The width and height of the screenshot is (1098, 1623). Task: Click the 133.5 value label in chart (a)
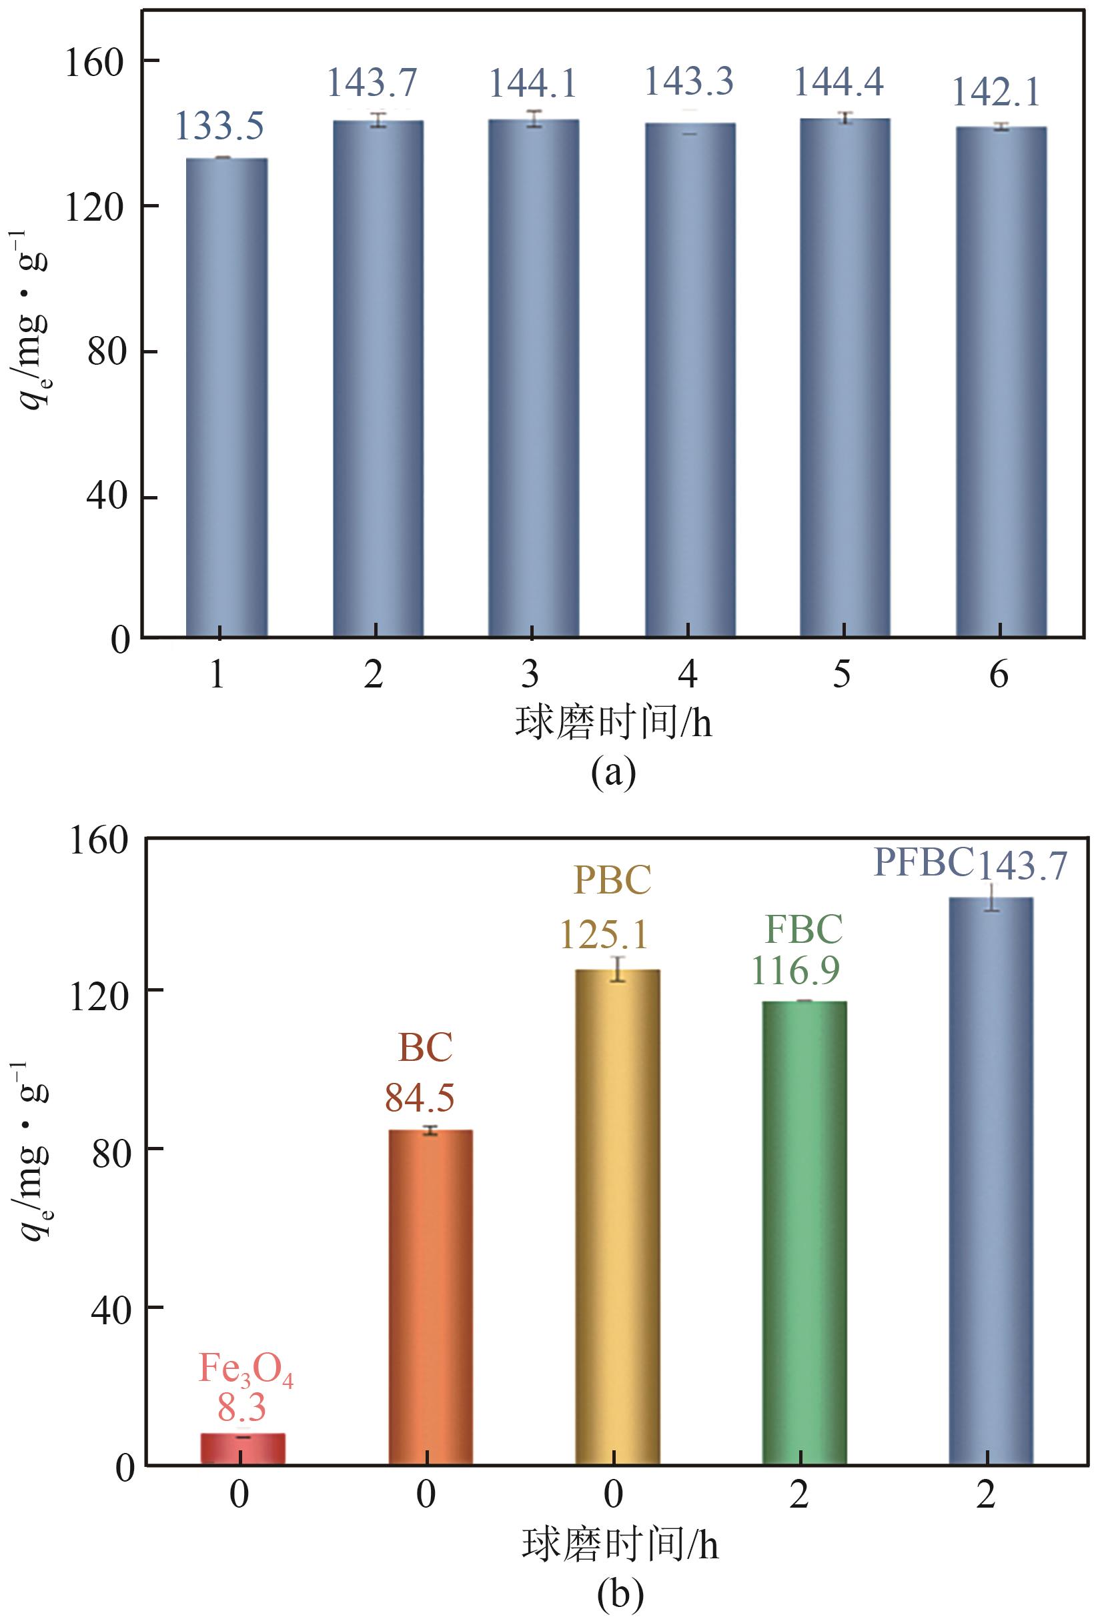(x=219, y=127)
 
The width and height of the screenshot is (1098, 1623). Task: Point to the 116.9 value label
(x=795, y=970)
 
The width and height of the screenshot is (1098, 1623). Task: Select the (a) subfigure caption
(x=613, y=772)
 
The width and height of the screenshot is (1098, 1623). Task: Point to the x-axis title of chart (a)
(x=613, y=723)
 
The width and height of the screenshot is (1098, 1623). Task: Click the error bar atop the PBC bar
(x=618, y=969)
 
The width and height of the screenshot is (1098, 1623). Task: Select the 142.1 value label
(x=996, y=93)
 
